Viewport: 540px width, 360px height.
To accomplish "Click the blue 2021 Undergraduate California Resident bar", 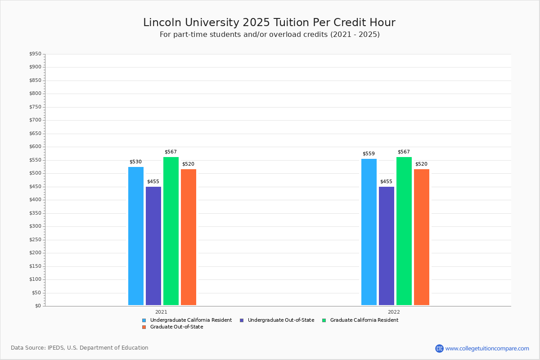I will tap(136, 236).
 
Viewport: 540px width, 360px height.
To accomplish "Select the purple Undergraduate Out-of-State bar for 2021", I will tap(153, 246).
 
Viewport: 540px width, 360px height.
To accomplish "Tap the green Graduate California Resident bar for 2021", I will tap(171, 231).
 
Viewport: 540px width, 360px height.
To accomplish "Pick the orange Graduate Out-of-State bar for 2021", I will tap(189, 237).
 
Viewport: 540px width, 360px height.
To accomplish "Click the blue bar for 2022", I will tap(369, 232).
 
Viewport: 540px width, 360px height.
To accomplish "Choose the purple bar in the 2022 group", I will tap(387, 246).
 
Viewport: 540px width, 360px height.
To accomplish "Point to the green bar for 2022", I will tap(404, 231).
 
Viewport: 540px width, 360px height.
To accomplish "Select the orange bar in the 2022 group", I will tap(422, 237).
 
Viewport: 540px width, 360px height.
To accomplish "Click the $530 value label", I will tap(135, 162).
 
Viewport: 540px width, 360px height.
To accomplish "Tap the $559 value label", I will tap(369, 154).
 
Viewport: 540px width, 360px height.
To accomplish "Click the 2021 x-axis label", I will tap(161, 312).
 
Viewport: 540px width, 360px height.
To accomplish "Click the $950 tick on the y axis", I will tap(35, 54).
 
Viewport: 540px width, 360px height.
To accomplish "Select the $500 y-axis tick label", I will tap(35, 173).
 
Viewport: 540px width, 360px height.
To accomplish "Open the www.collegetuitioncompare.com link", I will tap(487, 348).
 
